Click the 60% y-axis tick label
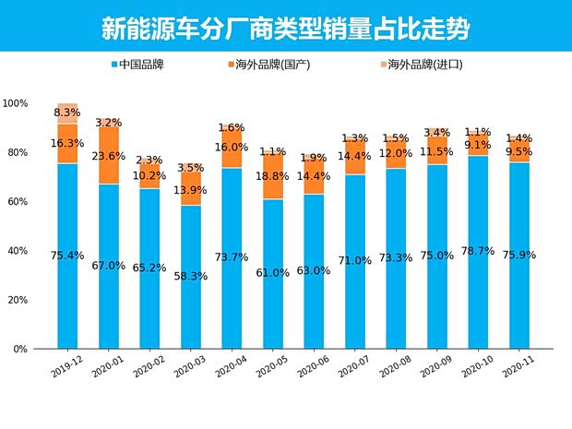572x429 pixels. point(18,202)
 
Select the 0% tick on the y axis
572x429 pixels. point(20,350)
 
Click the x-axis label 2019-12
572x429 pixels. point(66,367)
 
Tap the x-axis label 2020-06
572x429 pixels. point(313,367)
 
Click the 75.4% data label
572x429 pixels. point(67,256)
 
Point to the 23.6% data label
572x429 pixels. point(109,155)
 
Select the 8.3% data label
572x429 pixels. point(67,113)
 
